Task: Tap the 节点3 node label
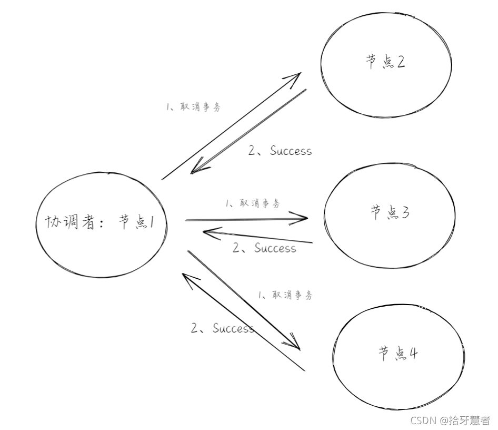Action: (x=391, y=213)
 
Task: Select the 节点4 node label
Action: (x=398, y=354)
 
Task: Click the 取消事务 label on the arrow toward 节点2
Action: (x=193, y=106)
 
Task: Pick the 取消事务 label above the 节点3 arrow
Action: (x=252, y=203)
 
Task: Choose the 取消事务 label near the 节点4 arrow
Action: (x=285, y=295)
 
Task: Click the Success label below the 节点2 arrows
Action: (x=280, y=151)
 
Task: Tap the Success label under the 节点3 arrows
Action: (x=264, y=248)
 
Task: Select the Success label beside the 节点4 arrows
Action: (x=222, y=328)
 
